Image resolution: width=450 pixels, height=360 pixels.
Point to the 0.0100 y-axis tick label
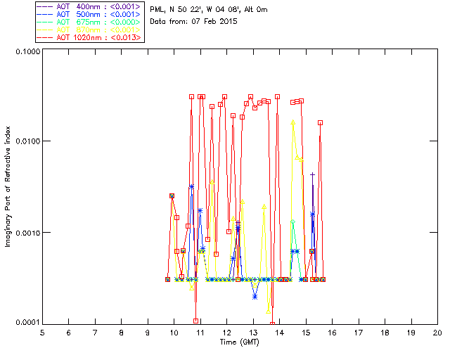coord(25,142)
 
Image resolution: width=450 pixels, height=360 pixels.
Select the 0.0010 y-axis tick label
coord(25,233)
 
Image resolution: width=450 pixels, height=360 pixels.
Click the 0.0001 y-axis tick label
coord(25,323)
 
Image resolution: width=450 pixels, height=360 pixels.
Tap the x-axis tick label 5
coord(42,332)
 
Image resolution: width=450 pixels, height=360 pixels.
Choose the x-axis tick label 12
coord(226,332)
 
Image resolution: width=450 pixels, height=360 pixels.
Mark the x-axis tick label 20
coord(437,332)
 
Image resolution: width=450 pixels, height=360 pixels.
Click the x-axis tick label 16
coord(332,332)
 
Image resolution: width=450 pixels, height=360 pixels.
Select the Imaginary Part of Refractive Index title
coord(10,186)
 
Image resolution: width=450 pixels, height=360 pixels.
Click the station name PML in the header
coord(158,9)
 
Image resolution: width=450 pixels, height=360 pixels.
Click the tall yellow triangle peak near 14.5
coord(293,123)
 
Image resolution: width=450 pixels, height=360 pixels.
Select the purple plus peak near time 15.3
coord(313,175)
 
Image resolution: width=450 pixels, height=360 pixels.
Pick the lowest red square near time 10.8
coord(195,321)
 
